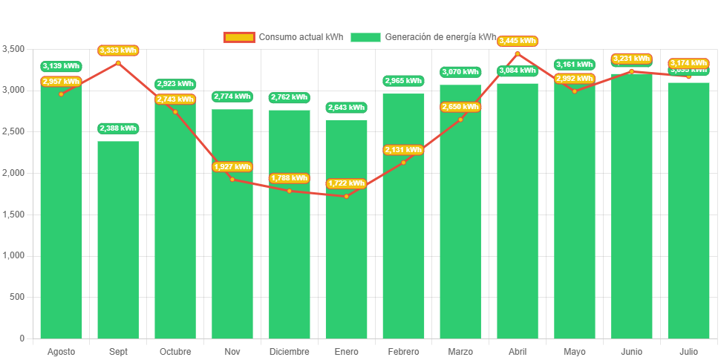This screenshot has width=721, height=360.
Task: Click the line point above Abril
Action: [518, 53]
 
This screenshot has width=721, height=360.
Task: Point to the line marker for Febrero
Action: [403, 163]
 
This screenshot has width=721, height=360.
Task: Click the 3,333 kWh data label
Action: [118, 50]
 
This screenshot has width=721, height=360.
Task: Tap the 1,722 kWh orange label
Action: [346, 183]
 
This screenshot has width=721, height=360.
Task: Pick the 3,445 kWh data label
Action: [518, 41]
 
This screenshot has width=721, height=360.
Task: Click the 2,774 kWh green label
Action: [232, 96]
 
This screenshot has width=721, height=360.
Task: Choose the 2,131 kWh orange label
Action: [403, 150]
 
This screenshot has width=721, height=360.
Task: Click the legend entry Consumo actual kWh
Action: [283, 37]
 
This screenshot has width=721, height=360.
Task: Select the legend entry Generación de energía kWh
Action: [423, 37]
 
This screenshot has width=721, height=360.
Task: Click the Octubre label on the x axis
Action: [175, 351]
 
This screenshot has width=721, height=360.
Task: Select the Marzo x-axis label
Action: [460, 351]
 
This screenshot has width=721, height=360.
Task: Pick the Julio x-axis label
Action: [688, 351]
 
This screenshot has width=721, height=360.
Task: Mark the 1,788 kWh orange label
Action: [289, 178]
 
